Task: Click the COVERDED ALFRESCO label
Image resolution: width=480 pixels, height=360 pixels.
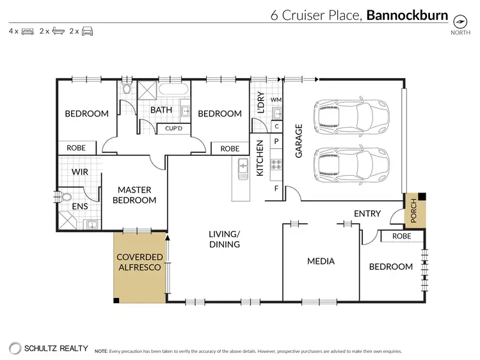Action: tap(138, 262)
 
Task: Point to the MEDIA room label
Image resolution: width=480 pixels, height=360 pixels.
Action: tap(321, 261)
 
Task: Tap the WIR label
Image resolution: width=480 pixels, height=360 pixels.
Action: tap(80, 172)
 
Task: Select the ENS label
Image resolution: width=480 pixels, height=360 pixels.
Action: tap(80, 206)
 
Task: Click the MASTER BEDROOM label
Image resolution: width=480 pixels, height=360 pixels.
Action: tap(134, 195)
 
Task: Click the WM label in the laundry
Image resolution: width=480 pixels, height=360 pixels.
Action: tap(276, 100)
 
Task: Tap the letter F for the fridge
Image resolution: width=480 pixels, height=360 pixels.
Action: tap(276, 189)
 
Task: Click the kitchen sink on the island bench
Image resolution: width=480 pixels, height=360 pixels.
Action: tap(243, 168)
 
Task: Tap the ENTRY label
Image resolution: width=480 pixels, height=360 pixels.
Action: tap(367, 214)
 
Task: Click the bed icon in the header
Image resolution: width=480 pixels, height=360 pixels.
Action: tap(28, 31)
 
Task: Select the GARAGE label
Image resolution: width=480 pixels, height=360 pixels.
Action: tap(298, 141)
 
